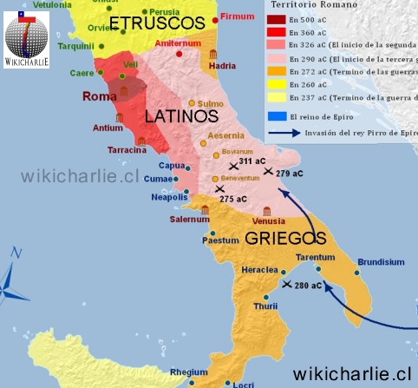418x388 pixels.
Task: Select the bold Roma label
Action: point(99,96)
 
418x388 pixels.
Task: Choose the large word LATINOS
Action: point(180,115)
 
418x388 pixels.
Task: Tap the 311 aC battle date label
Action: point(252,161)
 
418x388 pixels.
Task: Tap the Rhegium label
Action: point(188,372)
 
